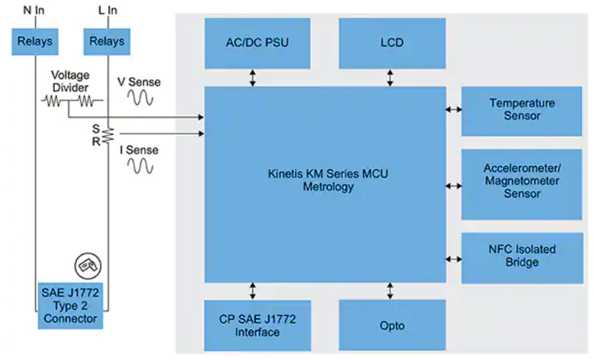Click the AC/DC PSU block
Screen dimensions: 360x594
point(257,43)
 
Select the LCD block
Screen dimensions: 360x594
point(392,43)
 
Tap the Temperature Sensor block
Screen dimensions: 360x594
point(521,110)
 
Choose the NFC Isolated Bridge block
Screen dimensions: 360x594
point(521,256)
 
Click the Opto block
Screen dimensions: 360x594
point(392,325)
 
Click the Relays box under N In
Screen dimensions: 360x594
point(34,42)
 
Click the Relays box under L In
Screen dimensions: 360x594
point(107,42)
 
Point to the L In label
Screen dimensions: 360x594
point(107,9)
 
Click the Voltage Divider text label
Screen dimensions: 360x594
point(69,82)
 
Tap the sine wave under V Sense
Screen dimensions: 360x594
point(141,100)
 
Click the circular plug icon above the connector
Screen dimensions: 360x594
point(89,265)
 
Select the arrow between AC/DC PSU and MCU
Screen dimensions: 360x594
point(253,77)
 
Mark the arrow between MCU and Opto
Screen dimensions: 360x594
point(390,291)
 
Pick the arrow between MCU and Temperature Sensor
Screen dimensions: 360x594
point(453,110)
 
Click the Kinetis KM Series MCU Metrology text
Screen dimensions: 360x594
point(325,181)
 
